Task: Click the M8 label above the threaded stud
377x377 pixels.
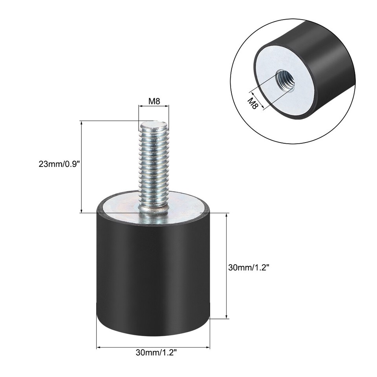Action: [x=154, y=101]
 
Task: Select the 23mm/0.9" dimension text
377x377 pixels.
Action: [x=59, y=165]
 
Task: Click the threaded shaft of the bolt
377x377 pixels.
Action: [x=154, y=165]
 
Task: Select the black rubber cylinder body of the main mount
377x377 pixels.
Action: [x=153, y=275]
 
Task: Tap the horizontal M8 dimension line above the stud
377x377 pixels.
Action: [x=154, y=106]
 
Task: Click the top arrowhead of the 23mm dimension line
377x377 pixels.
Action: [x=81, y=123]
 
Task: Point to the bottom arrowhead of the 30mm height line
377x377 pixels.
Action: [x=227, y=316]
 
